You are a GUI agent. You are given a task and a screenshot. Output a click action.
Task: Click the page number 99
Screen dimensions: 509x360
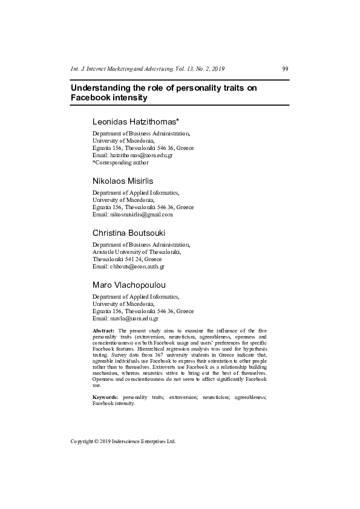pyautogui.click(x=285, y=69)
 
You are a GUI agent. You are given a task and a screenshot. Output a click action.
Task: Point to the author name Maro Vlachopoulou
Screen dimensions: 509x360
pyautogui.click(x=129, y=285)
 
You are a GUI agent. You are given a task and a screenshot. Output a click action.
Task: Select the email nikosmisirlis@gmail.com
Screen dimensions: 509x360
pyautogui.click(x=142, y=214)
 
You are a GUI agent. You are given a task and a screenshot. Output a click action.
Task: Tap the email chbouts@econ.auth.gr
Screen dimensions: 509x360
pyautogui.click(x=137, y=266)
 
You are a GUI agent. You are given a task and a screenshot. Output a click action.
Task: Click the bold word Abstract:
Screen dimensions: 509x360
pyautogui.click(x=103, y=331)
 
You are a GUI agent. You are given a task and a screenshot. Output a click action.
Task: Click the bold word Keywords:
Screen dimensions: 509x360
pyautogui.click(x=105, y=397)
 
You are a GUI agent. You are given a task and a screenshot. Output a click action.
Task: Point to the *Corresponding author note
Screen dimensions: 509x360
pyautogui.click(x=120, y=162)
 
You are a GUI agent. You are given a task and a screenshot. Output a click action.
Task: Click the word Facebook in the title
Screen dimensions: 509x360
pyautogui.click(x=90, y=97)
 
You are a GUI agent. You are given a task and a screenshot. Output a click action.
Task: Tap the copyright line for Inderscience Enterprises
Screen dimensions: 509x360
pyautogui.click(x=123, y=441)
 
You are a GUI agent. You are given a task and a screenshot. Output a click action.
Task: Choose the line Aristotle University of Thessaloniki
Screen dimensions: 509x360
pyautogui.click(x=137, y=251)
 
